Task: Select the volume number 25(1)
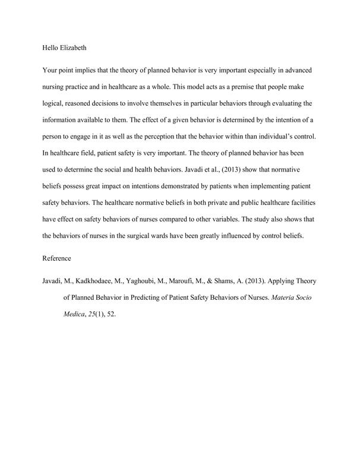95,313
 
